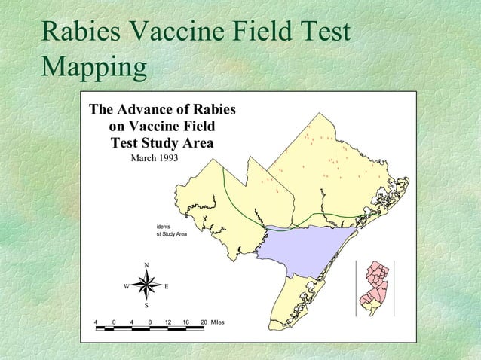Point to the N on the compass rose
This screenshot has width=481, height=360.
click(x=146, y=264)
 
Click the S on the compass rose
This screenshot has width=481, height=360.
click(x=146, y=306)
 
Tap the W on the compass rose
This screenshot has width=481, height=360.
click(x=127, y=286)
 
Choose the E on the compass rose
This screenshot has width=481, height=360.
click(x=166, y=286)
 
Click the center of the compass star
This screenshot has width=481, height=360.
click(x=147, y=285)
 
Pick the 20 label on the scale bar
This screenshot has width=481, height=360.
click(x=204, y=322)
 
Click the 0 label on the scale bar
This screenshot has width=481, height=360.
click(x=114, y=322)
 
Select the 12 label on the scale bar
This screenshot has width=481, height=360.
click(x=168, y=322)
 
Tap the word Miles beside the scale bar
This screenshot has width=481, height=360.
click(x=218, y=322)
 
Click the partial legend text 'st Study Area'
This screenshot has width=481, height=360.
click(x=171, y=234)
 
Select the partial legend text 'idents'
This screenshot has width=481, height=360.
click(x=164, y=225)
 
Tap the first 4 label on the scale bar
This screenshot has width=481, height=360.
click(x=96, y=322)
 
